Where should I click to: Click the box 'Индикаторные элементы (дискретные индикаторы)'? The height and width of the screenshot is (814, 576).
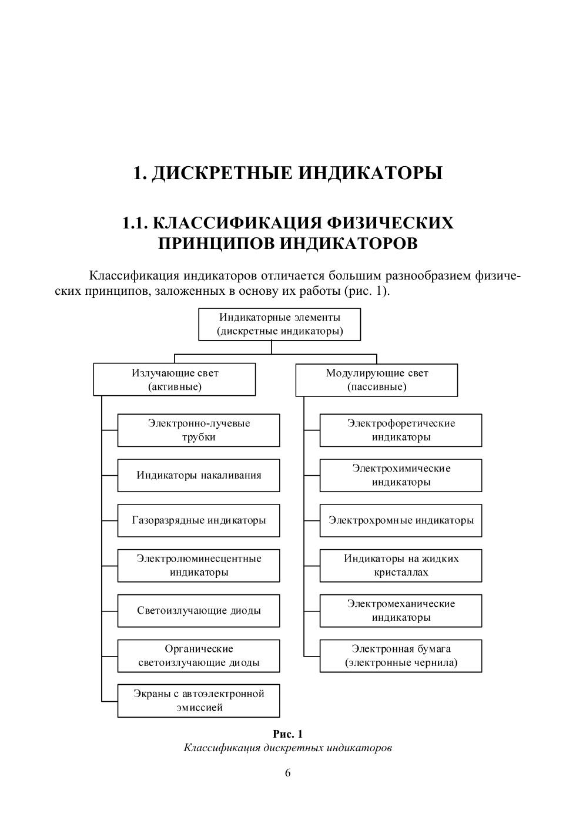point(279,324)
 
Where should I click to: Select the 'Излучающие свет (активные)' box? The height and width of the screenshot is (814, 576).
point(175,379)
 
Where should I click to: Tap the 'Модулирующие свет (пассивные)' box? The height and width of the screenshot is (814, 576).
point(376,379)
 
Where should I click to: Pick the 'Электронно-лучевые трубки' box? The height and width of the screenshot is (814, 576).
point(199,430)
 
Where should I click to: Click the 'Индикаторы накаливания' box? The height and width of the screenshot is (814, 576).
point(199,475)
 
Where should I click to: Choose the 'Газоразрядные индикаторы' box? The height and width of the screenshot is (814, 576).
point(199,520)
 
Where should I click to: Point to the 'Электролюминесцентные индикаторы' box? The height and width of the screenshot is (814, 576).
point(199,565)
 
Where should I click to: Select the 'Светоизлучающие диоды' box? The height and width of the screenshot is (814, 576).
point(199,610)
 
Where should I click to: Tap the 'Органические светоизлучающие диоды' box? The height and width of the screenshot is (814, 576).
point(199,655)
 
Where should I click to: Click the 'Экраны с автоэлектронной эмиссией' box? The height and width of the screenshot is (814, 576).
point(199,700)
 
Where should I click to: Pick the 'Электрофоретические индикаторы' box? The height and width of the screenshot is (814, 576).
point(401,430)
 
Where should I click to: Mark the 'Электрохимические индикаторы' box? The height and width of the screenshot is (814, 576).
point(401,475)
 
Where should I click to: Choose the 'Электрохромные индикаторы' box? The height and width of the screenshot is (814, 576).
point(401,520)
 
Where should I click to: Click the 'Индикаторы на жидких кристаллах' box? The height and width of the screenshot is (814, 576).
point(401,565)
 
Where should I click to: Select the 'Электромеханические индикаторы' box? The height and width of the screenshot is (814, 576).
point(401,610)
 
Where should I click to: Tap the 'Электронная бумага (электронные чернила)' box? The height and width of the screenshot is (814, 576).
point(401,655)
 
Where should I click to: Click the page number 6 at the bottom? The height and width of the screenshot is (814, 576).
point(288,773)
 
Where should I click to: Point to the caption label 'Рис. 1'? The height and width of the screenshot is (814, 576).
point(288,734)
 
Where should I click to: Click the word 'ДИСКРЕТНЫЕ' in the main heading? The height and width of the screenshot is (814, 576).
point(223,174)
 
